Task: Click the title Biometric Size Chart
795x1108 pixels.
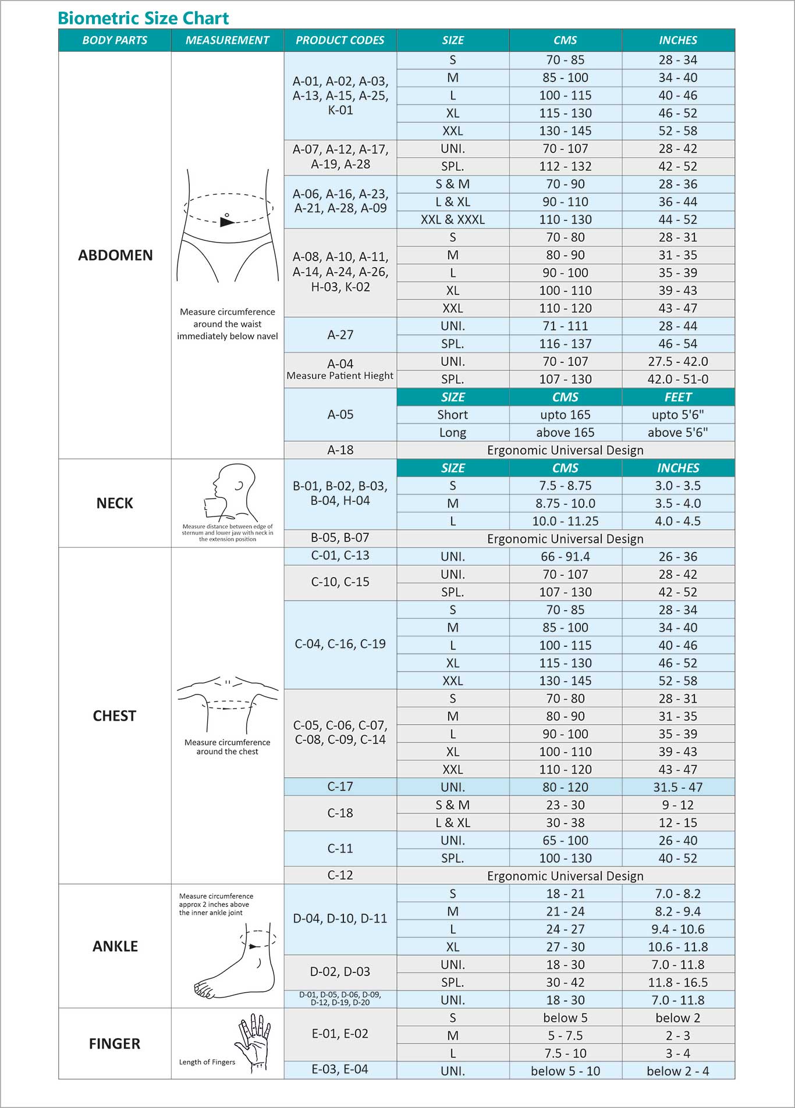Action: (x=143, y=18)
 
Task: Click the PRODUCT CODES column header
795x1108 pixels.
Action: (x=340, y=40)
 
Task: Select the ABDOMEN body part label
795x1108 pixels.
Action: (x=115, y=255)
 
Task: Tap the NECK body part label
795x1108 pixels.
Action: (x=115, y=503)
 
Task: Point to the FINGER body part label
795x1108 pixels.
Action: (x=115, y=1043)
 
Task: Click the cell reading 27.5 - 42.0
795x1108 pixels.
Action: (x=678, y=361)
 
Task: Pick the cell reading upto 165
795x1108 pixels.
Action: (x=565, y=415)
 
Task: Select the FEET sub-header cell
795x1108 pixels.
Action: (x=678, y=397)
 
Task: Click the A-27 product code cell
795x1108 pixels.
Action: (x=340, y=334)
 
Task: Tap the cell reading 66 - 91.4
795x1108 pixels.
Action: (x=565, y=557)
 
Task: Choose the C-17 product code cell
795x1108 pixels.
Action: (x=340, y=787)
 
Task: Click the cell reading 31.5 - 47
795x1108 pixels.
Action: (x=678, y=787)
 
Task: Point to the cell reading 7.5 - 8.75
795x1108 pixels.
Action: (x=565, y=486)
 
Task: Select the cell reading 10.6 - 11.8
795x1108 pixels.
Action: (x=678, y=947)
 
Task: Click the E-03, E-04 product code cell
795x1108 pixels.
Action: (x=340, y=1069)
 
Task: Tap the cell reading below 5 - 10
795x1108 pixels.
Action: (x=565, y=1071)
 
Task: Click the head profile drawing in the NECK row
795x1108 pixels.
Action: (x=230, y=491)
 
